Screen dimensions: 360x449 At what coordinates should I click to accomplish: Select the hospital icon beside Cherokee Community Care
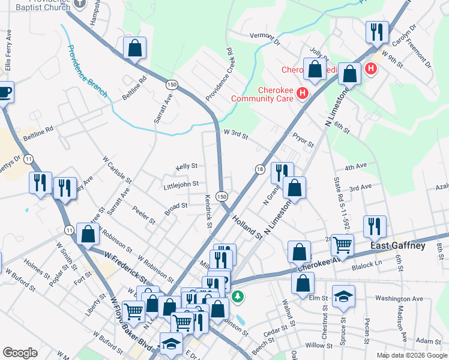tap(302, 94)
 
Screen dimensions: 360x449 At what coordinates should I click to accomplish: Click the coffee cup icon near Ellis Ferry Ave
tap(4, 92)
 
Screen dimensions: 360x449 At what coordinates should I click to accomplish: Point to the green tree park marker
tap(238, 296)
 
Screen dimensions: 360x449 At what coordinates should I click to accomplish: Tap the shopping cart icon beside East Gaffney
tap(342, 244)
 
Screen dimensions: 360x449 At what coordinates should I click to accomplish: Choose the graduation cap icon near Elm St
tap(343, 296)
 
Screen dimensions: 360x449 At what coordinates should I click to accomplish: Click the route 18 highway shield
tap(260, 170)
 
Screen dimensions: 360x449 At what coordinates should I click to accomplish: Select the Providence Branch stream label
tap(86, 71)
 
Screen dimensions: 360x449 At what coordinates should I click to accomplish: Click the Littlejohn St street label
tap(181, 185)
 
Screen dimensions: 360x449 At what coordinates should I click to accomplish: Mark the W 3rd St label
tap(236, 134)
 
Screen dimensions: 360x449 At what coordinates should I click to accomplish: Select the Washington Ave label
tap(399, 298)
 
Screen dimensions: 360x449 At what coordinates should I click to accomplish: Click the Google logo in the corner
tap(20, 353)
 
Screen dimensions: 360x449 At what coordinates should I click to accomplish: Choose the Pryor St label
tap(303, 141)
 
